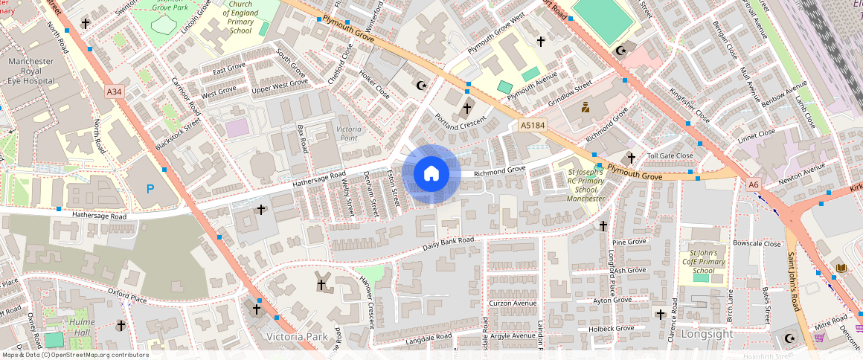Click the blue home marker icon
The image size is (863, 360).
(x=431, y=174)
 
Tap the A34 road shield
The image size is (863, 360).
(x=114, y=91)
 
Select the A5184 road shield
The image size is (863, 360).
(x=533, y=126)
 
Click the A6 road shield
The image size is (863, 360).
(x=753, y=184)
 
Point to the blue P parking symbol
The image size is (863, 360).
(x=150, y=189)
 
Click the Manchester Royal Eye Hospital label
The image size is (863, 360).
(x=31, y=69)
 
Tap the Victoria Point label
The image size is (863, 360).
(x=348, y=133)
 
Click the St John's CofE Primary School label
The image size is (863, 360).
(x=703, y=262)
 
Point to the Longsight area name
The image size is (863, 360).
(x=708, y=334)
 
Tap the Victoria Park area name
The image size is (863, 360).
(x=296, y=337)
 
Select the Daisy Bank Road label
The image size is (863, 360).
(x=448, y=243)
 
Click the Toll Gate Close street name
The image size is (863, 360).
(x=670, y=155)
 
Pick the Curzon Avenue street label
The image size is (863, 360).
(x=513, y=303)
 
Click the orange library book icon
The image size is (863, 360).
(x=841, y=268)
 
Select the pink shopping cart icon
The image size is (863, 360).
(x=819, y=337)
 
